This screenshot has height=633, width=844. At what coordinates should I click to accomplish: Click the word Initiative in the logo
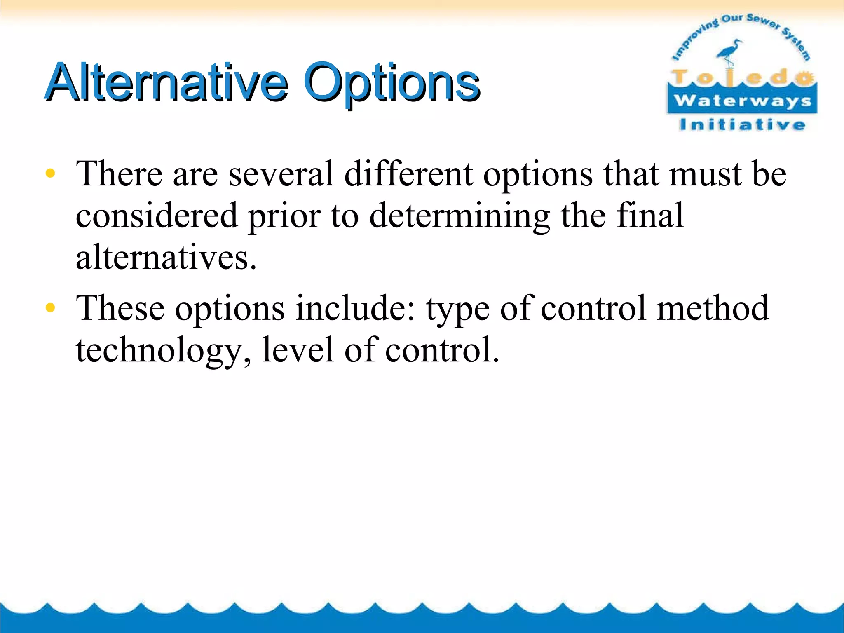click(742, 124)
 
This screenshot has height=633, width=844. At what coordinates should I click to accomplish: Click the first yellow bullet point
click(50, 173)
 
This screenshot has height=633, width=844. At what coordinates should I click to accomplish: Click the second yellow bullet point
click(50, 307)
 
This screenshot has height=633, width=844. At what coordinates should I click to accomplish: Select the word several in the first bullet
click(281, 174)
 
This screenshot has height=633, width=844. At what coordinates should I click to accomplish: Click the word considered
click(157, 216)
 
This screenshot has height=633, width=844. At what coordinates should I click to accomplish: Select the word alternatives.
click(166, 258)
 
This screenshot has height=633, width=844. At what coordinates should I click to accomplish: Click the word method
click(712, 308)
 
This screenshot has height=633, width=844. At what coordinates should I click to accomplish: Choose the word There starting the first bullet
click(119, 174)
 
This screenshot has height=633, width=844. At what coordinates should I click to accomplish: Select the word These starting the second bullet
click(120, 308)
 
